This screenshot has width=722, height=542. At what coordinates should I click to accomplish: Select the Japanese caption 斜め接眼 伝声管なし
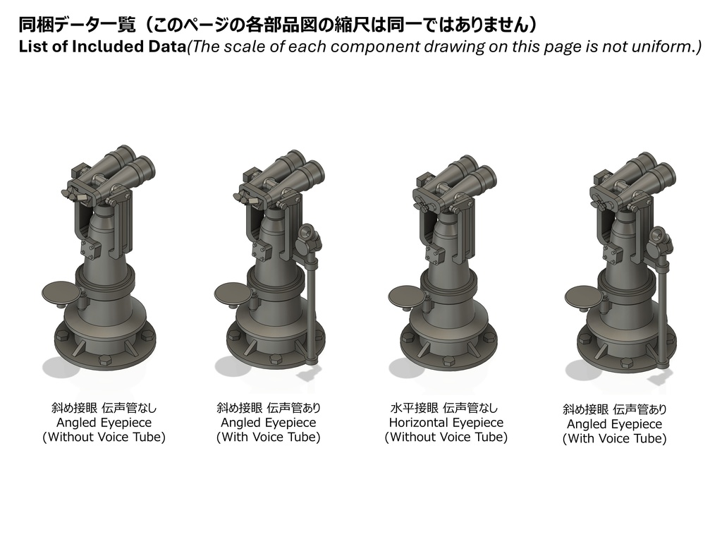pos(104,408)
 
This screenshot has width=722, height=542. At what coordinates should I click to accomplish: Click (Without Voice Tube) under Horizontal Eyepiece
pos(446,438)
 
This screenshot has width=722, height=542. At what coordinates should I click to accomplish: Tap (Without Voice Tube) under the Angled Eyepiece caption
pos(104,438)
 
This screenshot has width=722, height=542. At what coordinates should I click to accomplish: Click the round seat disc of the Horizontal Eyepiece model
pos(407,295)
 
